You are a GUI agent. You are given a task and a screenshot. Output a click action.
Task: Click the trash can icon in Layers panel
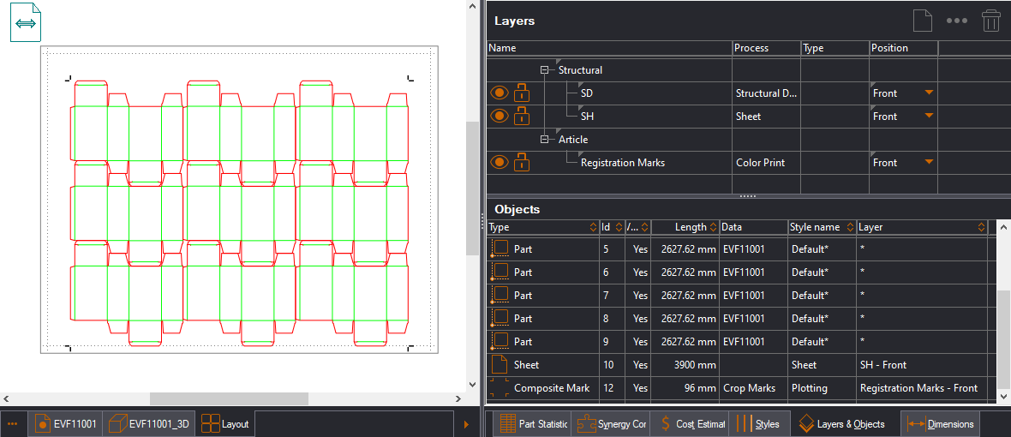tap(991, 21)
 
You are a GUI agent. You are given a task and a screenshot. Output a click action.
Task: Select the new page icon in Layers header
tap(921, 21)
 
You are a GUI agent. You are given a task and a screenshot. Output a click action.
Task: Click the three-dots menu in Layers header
tap(956, 21)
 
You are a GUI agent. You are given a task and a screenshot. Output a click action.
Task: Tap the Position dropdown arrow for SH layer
tap(929, 117)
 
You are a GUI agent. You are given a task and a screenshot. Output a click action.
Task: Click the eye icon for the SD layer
tap(499, 93)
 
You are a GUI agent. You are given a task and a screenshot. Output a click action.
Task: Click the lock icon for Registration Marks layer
tap(521, 162)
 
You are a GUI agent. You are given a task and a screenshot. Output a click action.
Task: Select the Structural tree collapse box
tap(544, 70)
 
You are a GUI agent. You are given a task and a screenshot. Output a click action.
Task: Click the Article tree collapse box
tap(544, 140)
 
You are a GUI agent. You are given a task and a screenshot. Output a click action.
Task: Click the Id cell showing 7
tap(606, 296)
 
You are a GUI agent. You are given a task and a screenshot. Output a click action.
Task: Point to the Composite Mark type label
tap(552, 388)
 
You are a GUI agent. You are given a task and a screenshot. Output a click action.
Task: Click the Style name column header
tap(815, 227)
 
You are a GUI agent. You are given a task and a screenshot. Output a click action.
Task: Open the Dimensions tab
tap(942, 424)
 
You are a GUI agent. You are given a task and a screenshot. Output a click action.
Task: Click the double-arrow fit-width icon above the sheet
tap(26, 22)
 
